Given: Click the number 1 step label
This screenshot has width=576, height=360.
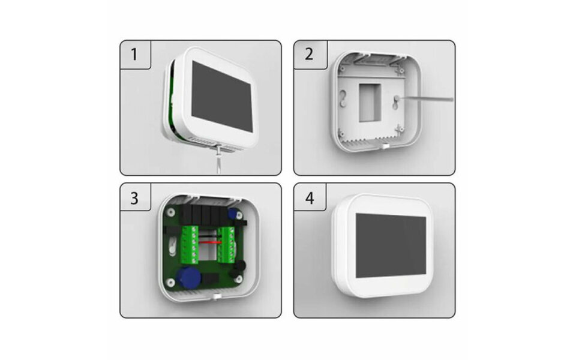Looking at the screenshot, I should (134, 55).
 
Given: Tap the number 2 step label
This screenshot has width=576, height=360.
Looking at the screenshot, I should (308, 55).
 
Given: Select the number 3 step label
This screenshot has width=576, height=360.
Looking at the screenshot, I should (134, 199).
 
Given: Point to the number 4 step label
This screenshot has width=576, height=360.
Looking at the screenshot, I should (308, 199).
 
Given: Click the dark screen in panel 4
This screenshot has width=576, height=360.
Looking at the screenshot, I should (391, 244).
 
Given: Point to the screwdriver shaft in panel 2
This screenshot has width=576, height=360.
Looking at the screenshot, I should (429, 97).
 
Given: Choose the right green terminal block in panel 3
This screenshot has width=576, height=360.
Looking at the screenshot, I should (230, 245).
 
